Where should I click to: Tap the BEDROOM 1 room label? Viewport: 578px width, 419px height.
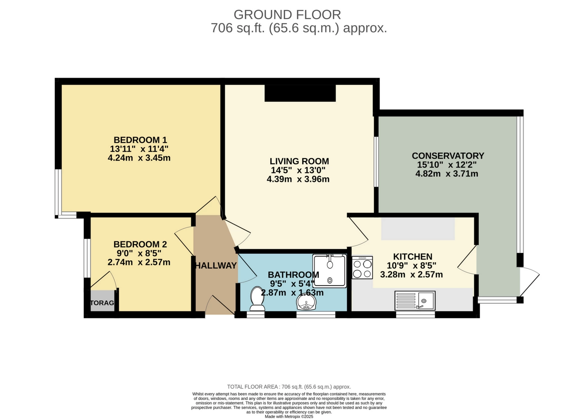pyautogui.click(x=140, y=140)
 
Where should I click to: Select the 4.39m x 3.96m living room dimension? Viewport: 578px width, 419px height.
pyautogui.click(x=298, y=179)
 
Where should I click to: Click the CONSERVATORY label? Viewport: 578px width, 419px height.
pyautogui.click(x=448, y=156)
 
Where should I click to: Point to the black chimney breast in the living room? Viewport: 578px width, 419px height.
pyautogui.click(x=300, y=93)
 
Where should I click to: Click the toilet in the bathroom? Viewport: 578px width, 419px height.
pyautogui.click(x=257, y=298)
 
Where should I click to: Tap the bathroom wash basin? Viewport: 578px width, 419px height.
pyautogui.click(x=306, y=302)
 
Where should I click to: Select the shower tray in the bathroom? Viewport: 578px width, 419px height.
pyautogui.click(x=330, y=271)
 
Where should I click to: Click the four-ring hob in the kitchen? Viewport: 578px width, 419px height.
pyautogui.click(x=362, y=267)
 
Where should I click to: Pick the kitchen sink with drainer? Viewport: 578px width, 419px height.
pyautogui.click(x=415, y=300)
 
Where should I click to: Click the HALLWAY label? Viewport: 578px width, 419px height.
pyautogui.click(x=216, y=265)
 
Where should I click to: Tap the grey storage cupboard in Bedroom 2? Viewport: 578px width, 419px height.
pyautogui.click(x=102, y=301)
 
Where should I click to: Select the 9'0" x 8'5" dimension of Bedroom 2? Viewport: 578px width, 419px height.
pyautogui.click(x=139, y=253)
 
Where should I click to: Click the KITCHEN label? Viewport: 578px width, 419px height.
pyautogui.click(x=412, y=257)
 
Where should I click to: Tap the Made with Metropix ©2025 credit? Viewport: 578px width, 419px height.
pyautogui.click(x=289, y=417)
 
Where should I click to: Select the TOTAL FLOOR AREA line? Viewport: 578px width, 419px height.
pyautogui.click(x=289, y=387)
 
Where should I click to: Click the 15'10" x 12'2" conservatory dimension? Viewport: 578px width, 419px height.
pyautogui.click(x=447, y=165)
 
